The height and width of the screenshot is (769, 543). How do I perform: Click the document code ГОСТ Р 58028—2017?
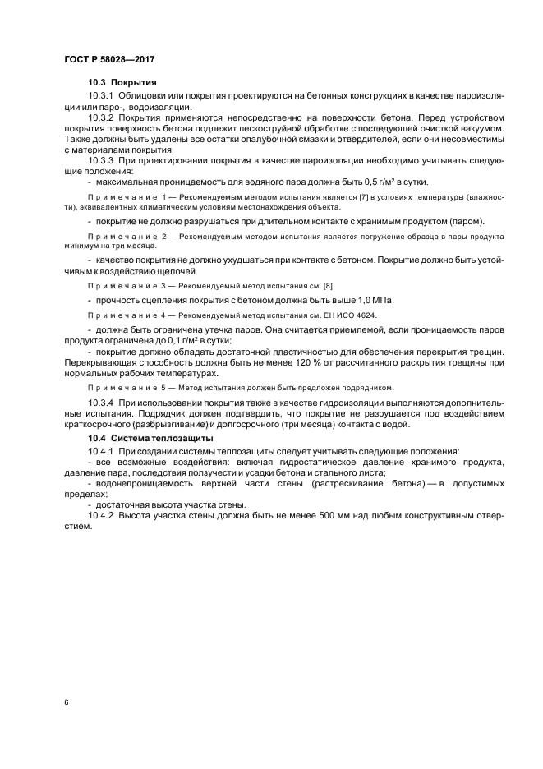108,60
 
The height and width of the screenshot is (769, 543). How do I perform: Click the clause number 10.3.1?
102,96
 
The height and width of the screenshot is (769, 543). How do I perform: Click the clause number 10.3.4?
102,402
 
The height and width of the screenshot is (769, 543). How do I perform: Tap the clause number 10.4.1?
102,451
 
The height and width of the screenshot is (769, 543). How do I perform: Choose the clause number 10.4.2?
102,515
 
